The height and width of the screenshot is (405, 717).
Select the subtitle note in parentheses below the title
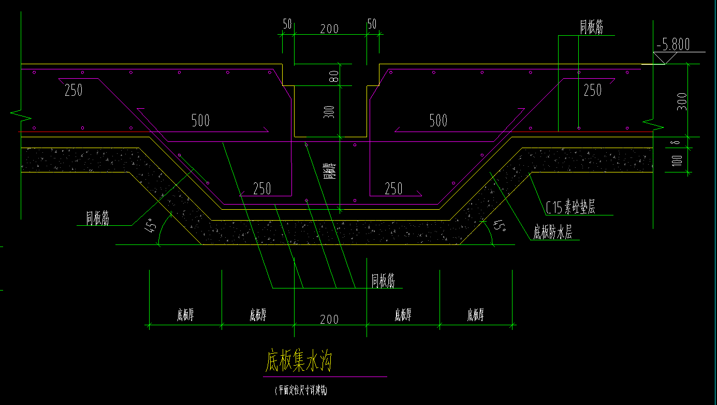pyautogui.click(x=301, y=390)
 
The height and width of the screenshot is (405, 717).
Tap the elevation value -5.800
pyautogui.click(x=672, y=45)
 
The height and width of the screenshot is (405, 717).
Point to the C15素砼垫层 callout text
pyautogui.click(x=571, y=208)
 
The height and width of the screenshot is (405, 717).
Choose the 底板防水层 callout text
pyautogui.click(x=553, y=233)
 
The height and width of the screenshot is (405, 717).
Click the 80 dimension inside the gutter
pyautogui.click(x=334, y=76)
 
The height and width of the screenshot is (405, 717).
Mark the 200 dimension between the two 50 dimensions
pyautogui.click(x=329, y=28)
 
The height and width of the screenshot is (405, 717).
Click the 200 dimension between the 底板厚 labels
pyautogui.click(x=329, y=319)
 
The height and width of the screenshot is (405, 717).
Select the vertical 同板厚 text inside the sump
pyautogui.click(x=328, y=170)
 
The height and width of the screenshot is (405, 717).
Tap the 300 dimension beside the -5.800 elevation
pyautogui.click(x=682, y=102)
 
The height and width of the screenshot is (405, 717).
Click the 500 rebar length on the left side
pyautogui.click(x=200, y=121)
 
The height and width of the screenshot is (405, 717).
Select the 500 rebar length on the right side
pyautogui.click(x=438, y=121)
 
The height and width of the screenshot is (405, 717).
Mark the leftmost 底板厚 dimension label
pyautogui.click(x=185, y=314)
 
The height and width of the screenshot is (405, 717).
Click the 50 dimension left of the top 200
pyautogui.click(x=287, y=24)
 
